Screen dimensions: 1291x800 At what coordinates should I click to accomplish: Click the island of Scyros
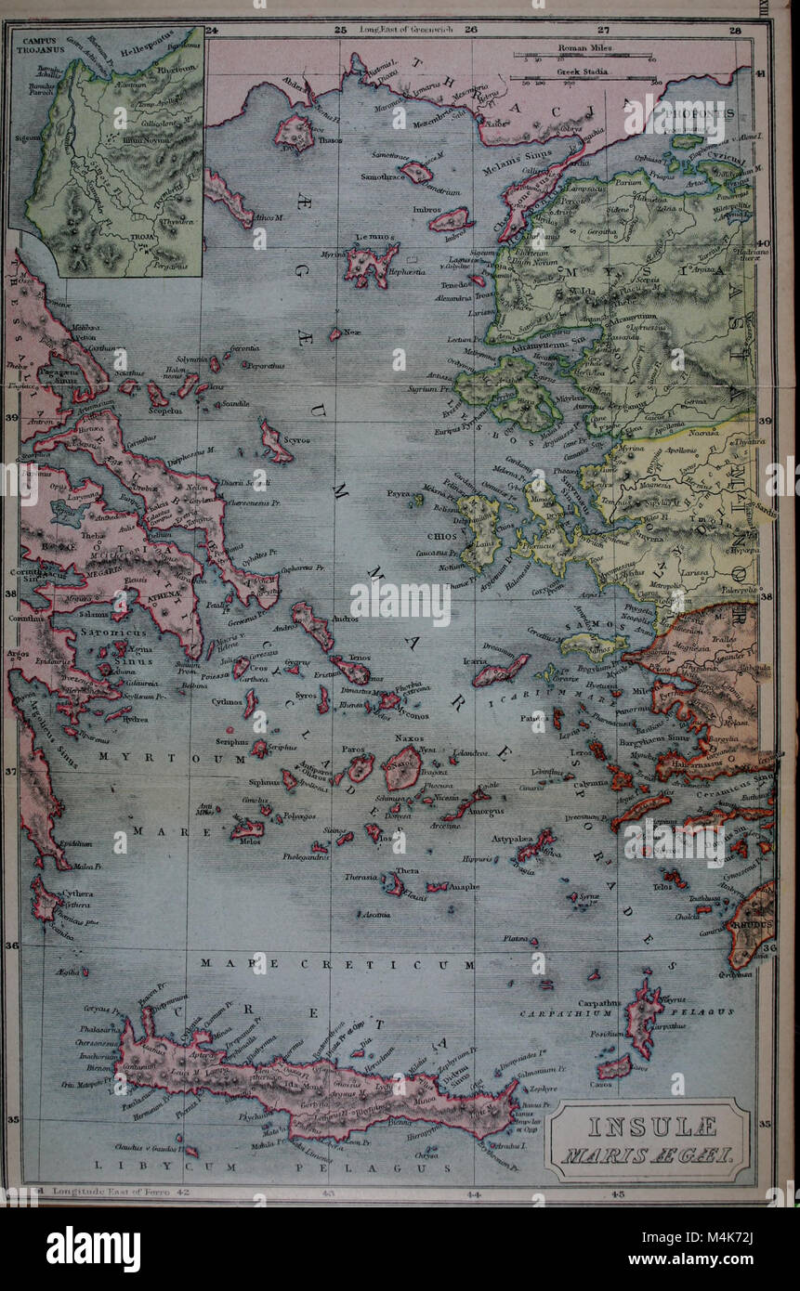coord(276,442)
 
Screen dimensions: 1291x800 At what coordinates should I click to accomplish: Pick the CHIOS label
coord(441,537)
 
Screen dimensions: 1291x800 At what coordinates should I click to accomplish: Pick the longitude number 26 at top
coord(470,30)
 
